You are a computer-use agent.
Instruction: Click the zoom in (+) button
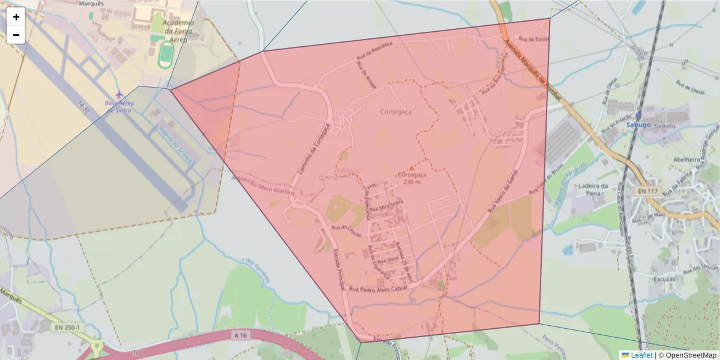[x=16, y=17]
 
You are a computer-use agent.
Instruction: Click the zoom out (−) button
[x=16, y=35]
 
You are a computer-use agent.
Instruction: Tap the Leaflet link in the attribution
[x=641, y=355]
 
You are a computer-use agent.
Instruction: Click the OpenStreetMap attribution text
[x=690, y=355]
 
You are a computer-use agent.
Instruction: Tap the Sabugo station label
[x=638, y=124]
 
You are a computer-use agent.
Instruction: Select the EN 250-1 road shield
[x=67, y=328]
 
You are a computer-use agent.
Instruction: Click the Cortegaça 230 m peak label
[x=412, y=178]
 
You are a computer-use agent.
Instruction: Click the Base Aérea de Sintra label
[x=119, y=106]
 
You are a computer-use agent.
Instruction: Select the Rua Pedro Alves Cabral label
[x=379, y=289]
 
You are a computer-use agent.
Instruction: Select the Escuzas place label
[x=667, y=278]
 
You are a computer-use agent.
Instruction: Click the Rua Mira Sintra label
[x=385, y=208]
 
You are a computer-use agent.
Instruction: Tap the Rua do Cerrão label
[x=347, y=230]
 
